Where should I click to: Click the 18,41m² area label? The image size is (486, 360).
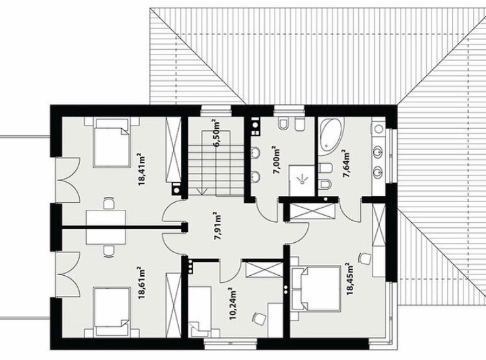click(143, 169)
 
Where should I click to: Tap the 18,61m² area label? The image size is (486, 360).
click(143, 283)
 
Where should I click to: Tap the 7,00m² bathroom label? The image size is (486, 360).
click(277, 162)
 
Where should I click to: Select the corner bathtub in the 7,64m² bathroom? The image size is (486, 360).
click(331, 133)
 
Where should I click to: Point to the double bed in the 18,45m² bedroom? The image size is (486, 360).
click(316, 288)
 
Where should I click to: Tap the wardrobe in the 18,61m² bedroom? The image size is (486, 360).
click(173, 304)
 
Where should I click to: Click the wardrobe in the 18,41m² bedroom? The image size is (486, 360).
click(173, 150)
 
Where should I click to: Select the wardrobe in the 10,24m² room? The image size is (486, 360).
click(264, 269)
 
